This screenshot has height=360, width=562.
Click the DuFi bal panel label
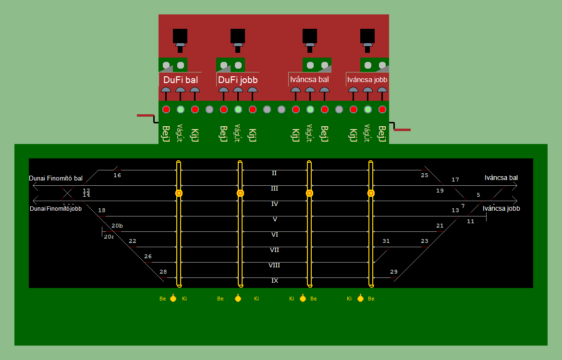[x=180, y=80]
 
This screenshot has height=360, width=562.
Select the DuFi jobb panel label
[x=238, y=80]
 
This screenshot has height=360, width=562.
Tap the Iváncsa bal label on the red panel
[x=310, y=79]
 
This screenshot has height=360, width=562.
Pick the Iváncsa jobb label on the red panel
[x=367, y=79]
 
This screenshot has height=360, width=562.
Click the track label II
[x=274, y=173]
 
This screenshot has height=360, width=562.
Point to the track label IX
[x=275, y=280]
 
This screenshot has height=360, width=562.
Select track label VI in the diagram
[x=275, y=234]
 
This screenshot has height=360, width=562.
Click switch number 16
[x=117, y=175]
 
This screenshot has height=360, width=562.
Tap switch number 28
[x=163, y=272]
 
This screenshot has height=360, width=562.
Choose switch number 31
[x=386, y=241]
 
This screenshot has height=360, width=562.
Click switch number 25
[x=424, y=175]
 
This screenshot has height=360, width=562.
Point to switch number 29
[x=394, y=272]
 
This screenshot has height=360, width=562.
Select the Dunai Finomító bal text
[x=56, y=178]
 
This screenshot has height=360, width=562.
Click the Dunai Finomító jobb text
[x=56, y=209]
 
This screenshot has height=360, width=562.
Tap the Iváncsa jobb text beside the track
[x=501, y=208]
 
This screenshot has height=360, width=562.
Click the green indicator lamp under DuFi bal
[x=181, y=109]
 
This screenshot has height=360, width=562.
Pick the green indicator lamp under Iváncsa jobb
[x=368, y=109]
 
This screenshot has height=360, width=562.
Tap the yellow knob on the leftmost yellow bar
[x=179, y=193]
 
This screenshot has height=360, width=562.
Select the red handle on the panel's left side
[x=145, y=115]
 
